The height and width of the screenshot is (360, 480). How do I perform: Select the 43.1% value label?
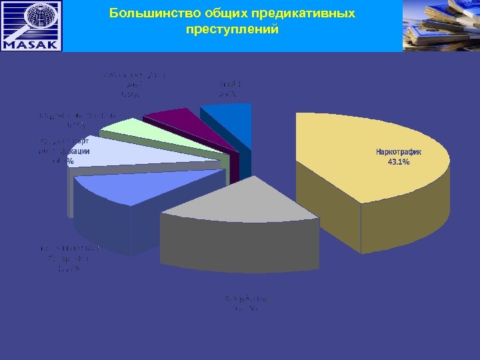pyautogui.click(x=399, y=162)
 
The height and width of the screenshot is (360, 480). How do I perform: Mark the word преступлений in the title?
pyautogui.click(x=233, y=30)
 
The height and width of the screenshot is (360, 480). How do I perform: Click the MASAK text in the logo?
pyautogui.click(x=31, y=45)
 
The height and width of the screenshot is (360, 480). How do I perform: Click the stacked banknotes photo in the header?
pyautogui.click(x=441, y=25)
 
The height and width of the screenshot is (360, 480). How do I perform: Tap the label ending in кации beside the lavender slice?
pyautogui.click(x=65, y=151)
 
